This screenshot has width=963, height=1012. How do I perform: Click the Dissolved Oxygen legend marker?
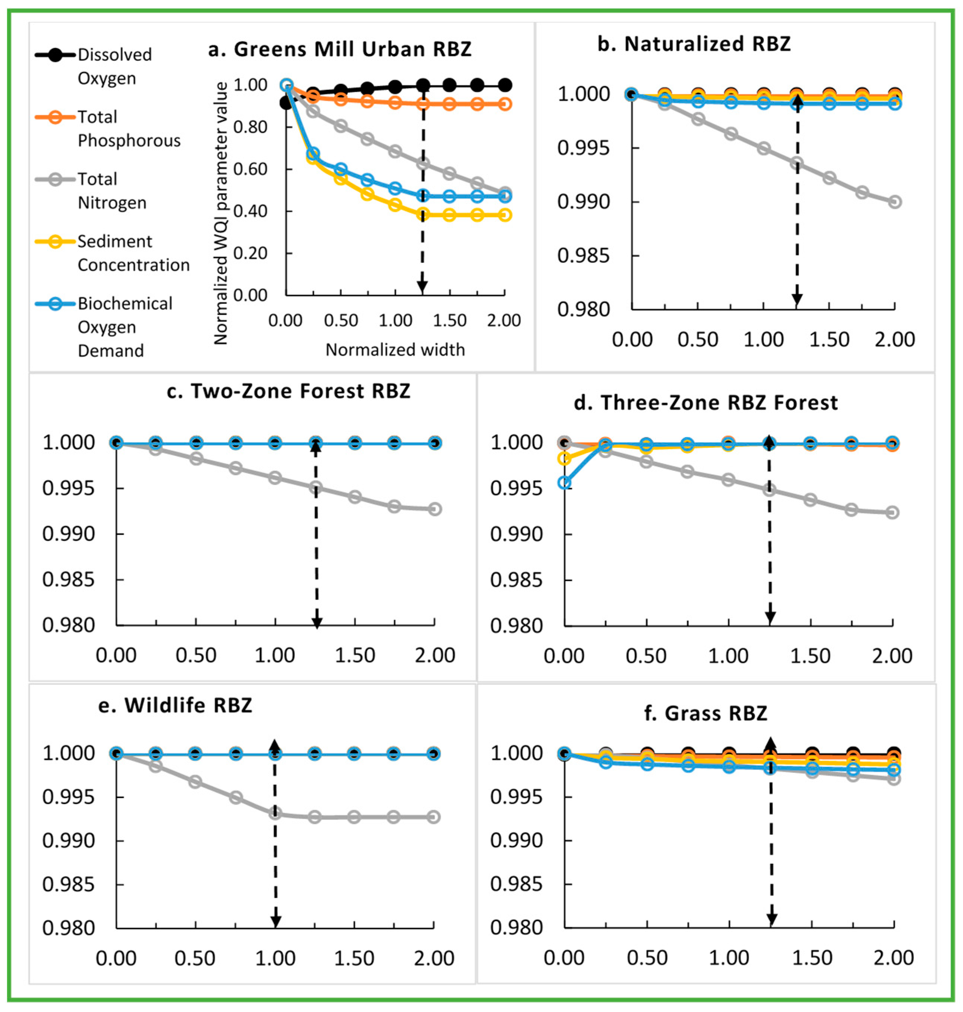point(56,55)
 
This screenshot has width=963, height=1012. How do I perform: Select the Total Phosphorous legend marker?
point(56,117)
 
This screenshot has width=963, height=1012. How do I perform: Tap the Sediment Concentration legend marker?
point(56,241)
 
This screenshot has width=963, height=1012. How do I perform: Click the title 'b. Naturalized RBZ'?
point(694,44)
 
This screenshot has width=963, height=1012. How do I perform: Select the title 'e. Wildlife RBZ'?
point(175,705)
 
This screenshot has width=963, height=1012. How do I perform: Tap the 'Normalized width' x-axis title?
point(395,350)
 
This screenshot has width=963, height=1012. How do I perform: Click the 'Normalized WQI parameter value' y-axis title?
point(220,213)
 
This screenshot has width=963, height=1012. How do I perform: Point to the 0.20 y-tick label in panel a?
point(251,253)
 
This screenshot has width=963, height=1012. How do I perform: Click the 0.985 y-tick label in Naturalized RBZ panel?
point(583,256)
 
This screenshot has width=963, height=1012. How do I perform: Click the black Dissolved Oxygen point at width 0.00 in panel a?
point(286,103)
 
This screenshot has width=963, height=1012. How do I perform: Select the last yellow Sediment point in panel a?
point(505,215)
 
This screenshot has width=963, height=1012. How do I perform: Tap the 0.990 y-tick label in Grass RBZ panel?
point(516,840)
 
